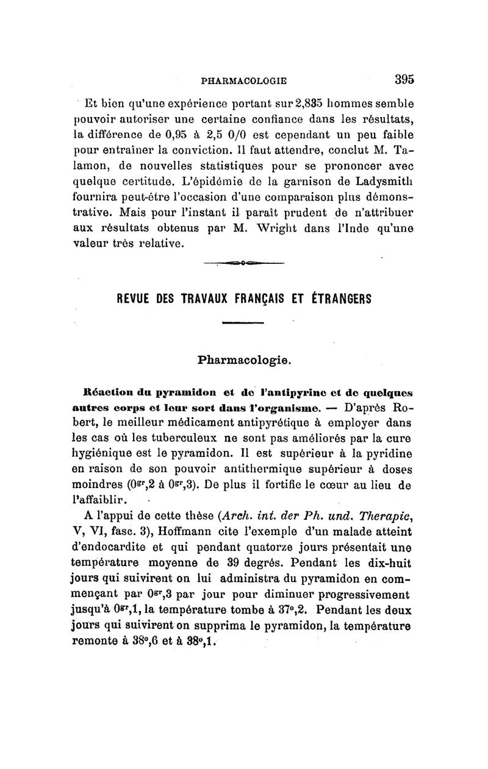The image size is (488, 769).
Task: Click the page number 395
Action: click(404, 79)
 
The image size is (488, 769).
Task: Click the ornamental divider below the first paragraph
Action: click(244, 263)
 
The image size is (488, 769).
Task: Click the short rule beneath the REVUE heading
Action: click(242, 323)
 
